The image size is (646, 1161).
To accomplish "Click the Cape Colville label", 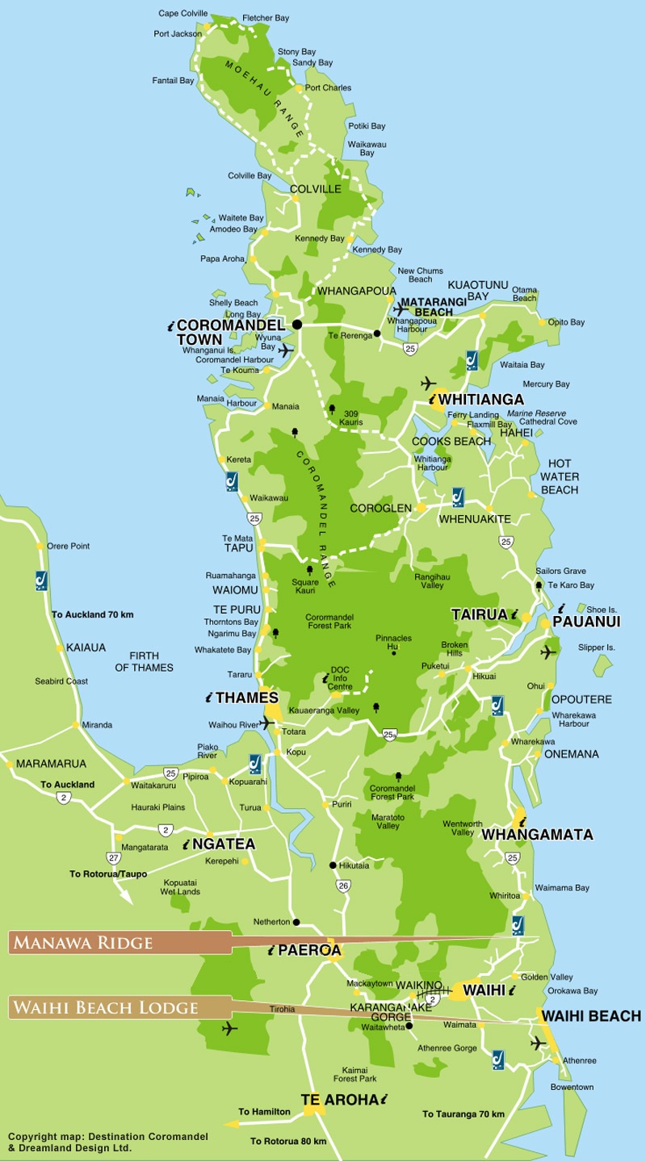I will point(182,14).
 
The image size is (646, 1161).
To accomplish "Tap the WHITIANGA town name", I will point(483,400).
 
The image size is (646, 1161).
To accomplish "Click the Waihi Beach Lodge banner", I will point(105,1007).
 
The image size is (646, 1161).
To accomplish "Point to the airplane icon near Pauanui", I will point(548,651).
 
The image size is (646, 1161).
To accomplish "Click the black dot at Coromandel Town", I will point(297,325).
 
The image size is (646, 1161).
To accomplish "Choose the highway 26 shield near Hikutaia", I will point(343,886).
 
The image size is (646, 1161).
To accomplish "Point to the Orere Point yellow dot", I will point(40,547).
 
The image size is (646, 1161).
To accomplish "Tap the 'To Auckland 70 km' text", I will point(93,614).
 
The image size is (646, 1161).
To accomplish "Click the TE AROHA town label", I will point(339,1099).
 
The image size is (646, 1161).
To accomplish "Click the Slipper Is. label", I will point(597,648).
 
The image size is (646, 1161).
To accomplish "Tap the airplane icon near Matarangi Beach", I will point(401,308).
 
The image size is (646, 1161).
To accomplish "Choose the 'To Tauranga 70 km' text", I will point(464,1114).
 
